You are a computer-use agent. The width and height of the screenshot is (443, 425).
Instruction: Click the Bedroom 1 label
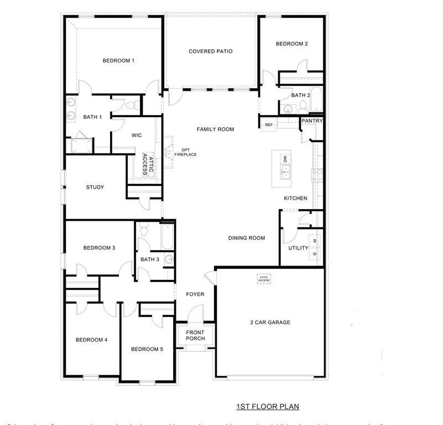(118, 61)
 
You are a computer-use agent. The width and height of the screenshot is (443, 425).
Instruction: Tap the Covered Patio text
(210, 51)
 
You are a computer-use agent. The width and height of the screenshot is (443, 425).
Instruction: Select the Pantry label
(312, 121)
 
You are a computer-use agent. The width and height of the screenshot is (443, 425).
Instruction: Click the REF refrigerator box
(269, 125)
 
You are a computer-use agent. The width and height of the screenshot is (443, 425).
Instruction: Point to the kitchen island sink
(286, 175)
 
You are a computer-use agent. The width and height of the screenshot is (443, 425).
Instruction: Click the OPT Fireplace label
(185, 152)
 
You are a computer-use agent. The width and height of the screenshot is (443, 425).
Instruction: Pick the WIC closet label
(137, 135)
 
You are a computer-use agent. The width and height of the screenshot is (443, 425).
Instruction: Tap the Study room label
(95, 187)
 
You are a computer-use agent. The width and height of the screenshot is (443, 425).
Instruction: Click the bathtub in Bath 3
(166, 237)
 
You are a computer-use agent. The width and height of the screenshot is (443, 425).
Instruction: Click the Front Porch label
(195, 335)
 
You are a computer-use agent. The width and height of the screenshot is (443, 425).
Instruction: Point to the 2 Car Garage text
(270, 322)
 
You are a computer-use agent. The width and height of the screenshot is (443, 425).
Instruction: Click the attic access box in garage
(264, 279)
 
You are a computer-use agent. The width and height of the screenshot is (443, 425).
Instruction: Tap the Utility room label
(298, 248)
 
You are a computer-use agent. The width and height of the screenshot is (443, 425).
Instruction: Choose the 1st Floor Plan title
(268, 407)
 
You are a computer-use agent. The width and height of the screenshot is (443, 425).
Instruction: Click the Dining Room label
(247, 238)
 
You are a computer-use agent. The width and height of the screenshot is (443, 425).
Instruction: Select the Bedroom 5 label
(147, 349)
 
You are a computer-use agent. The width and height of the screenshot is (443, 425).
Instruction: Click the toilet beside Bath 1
(131, 105)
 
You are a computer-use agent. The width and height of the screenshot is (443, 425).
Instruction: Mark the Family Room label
(215, 129)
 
